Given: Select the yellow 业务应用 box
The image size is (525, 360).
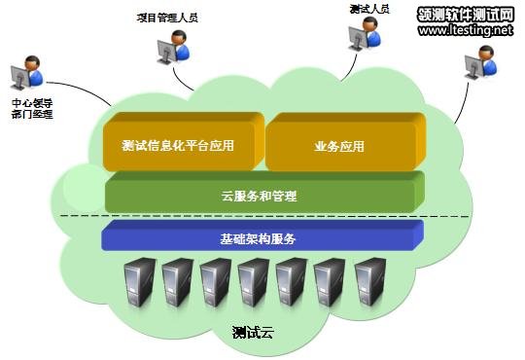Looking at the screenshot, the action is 339,146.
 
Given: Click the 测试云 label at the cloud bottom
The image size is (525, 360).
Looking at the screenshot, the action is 254,332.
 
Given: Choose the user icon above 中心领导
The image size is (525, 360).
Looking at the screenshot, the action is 26,73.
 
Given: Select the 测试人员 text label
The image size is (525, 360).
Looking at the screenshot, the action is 369,9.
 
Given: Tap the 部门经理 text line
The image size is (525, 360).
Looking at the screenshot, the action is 32,115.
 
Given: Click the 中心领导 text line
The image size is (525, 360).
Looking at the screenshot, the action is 32,102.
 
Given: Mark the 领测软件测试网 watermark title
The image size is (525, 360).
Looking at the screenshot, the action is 466,14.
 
